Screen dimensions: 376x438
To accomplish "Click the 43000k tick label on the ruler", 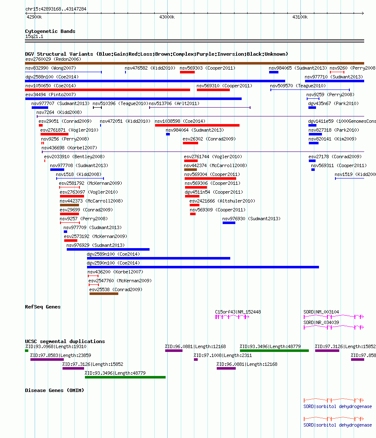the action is click(167, 17).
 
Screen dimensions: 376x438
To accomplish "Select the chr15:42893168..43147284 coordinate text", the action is click(56, 9).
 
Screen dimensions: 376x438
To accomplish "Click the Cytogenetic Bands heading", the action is click(50, 31).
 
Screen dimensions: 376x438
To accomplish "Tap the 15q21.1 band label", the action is click(34, 37).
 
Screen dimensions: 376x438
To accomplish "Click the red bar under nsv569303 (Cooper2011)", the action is click(187, 72).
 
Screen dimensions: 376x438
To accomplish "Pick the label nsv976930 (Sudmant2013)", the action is click(251, 219).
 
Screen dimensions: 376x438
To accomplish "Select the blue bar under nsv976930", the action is click(229, 223).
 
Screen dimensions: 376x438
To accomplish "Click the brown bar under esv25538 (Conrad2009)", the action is click(104, 294).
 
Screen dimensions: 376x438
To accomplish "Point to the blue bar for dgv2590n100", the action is click(203, 268).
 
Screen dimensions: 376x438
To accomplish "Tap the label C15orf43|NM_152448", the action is click(238, 312).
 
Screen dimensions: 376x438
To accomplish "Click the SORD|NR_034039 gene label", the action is click(321, 323).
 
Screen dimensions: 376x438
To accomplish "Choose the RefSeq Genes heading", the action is click(43, 307).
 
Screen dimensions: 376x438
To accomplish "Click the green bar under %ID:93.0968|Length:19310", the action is click(27, 351).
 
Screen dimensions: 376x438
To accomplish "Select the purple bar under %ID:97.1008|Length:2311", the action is click(196, 360).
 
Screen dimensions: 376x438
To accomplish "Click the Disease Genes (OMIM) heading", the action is click(54, 390).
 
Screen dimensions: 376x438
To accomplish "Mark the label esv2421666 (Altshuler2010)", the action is click(222, 201).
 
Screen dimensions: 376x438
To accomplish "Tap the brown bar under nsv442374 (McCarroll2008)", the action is click(191, 170).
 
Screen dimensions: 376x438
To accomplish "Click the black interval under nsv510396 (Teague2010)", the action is click(97, 108).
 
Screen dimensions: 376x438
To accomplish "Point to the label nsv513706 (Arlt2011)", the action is click(174, 104).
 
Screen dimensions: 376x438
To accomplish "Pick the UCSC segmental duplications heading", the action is click(65, 341).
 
